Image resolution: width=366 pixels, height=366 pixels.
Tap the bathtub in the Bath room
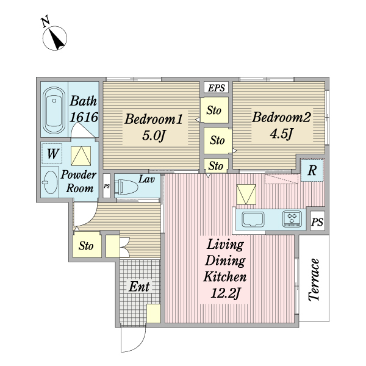(54, 110)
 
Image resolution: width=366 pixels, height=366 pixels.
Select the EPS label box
(217, 87)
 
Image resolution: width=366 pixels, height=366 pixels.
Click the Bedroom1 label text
(153, 119)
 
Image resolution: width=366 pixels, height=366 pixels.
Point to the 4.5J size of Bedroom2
(281, 134)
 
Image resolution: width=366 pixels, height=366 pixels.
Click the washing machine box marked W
(52, 154)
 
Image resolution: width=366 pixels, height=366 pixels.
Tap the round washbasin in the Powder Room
(50, 182)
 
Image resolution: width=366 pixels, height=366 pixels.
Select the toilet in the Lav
(127, 187)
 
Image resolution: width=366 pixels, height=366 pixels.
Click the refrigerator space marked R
(312, 170)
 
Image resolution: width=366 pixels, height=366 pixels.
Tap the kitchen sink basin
(253, 219)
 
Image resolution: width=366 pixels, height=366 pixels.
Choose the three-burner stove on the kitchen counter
(292, 219)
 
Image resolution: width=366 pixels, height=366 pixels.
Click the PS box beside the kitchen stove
(317, 221)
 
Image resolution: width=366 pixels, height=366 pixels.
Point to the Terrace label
(314, 279)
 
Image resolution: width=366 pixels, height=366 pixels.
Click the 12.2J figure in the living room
(225, 293)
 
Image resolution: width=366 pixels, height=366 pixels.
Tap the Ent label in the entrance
(139, 287)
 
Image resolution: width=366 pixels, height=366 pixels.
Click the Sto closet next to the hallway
(87, 245)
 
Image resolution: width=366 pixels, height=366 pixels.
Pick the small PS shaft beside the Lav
(107, 186)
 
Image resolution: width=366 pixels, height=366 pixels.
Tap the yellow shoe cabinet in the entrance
(154, 314)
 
